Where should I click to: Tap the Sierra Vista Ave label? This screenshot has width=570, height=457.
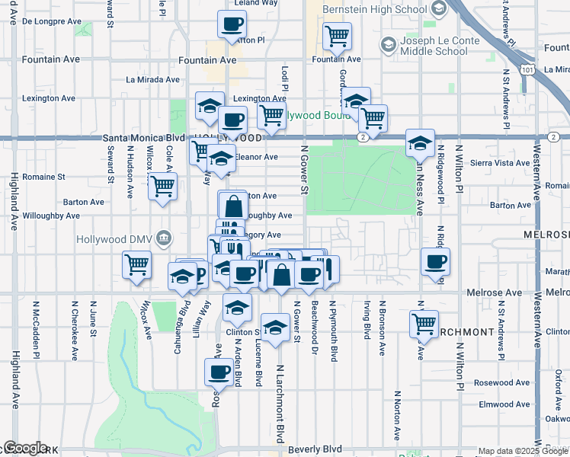point(492,163)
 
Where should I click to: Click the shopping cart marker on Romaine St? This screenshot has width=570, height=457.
point(162,185)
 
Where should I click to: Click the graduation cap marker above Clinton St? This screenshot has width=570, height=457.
point(237,308)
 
